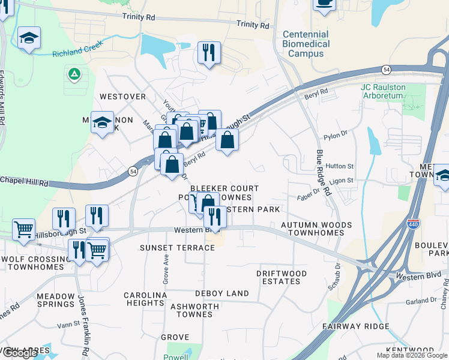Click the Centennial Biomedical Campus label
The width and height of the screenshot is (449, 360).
click(306, 44)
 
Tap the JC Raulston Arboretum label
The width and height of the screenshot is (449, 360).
click(383, 91)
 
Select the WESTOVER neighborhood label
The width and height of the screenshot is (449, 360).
click(122, 96)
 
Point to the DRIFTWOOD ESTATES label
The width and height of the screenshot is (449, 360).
click(282, 277)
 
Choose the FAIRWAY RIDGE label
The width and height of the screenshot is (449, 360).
click(355, 326)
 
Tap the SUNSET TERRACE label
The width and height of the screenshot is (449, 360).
click(177, 248)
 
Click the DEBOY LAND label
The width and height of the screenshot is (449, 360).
click(222, 293)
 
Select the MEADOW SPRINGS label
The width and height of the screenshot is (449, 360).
click(55, 301)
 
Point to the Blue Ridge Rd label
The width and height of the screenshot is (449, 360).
click(324, 173)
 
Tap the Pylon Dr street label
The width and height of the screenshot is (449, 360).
click(336, 136)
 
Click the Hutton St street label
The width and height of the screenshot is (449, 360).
click(340, 166)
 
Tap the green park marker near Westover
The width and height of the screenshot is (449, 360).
click(74, 74)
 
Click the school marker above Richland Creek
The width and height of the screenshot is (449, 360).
click(29, 39)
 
